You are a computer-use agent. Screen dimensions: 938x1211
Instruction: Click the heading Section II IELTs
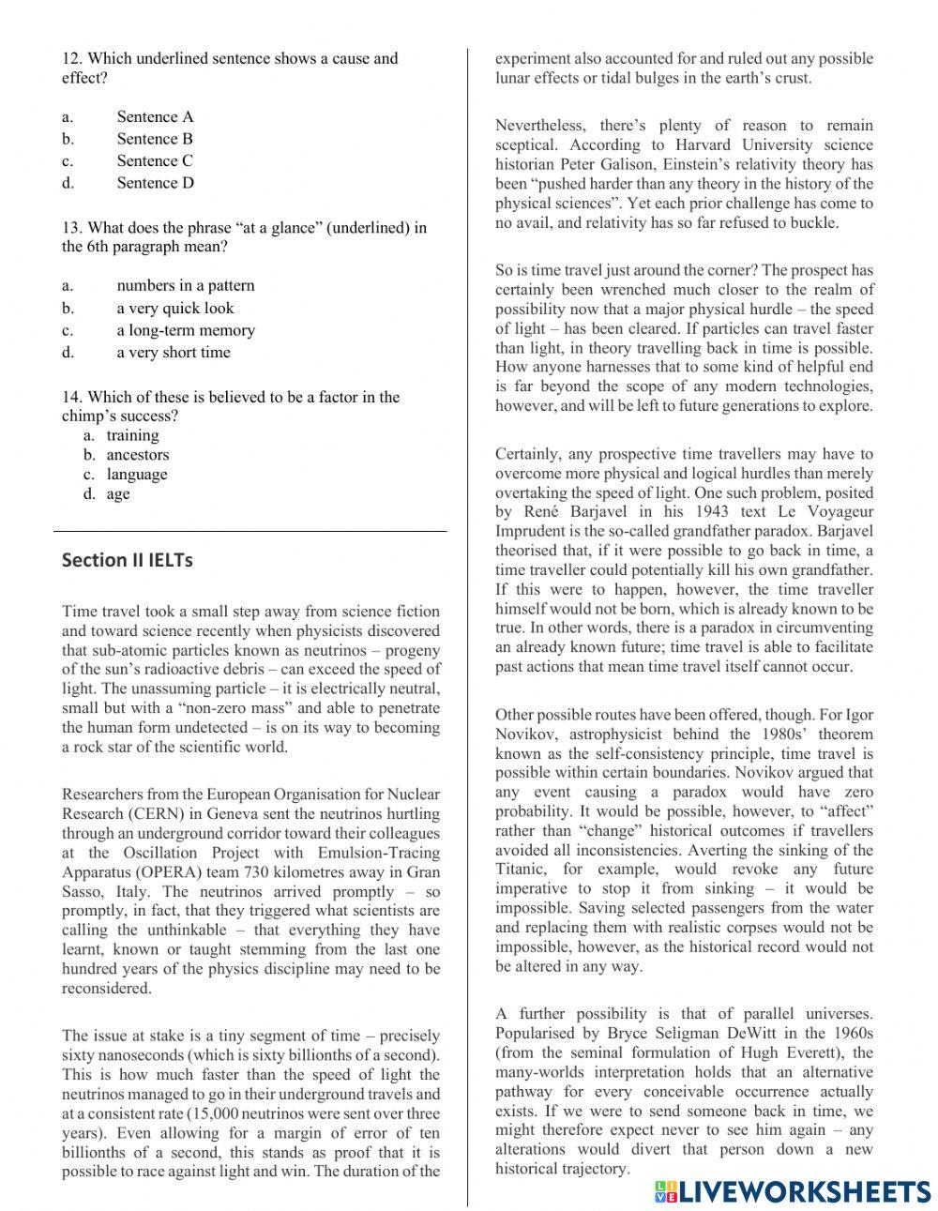click(x=127, y=560)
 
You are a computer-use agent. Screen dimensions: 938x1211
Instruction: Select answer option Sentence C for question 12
click(x=155, y=160)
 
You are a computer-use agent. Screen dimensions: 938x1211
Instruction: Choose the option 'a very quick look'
click(x=174, y=308)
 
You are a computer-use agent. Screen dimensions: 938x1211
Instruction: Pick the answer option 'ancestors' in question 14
click(x=138, y=455)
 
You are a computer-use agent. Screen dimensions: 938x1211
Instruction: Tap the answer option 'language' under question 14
click(x=137, y=475)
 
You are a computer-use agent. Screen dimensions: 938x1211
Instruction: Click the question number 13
click(x=71, y=227)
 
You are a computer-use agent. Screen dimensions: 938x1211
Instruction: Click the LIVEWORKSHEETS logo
click(x=792, y=1190)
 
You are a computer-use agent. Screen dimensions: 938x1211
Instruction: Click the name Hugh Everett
click(x=809, y=1052)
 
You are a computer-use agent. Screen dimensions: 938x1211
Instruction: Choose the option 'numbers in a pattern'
click(x=185, y=285)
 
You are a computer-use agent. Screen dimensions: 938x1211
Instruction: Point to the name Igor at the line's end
click(x=856, y=715)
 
